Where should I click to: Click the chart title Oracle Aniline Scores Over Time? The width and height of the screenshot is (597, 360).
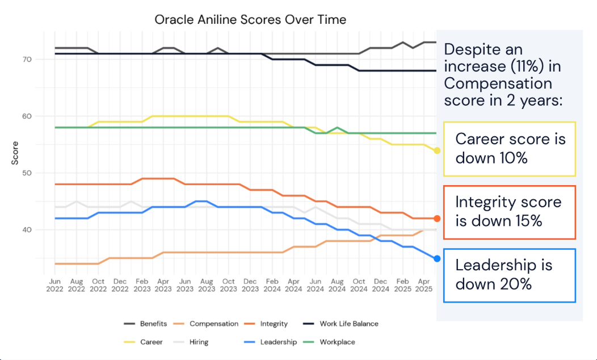(250, 19)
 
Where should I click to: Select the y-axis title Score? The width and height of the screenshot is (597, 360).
(15, 153)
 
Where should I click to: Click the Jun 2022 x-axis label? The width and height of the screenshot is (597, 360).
(55, 284)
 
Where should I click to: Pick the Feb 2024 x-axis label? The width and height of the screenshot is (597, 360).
(272, 284)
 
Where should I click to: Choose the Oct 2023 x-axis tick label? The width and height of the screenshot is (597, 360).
(228, 284)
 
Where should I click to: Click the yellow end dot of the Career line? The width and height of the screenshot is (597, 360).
(437, 150)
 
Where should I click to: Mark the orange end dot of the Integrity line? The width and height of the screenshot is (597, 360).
(437, 219)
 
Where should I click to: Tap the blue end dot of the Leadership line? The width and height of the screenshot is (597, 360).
(437, 258)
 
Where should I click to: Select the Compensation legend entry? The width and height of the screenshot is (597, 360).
(213, 324)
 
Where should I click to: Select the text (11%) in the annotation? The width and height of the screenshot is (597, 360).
(528, 66)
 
